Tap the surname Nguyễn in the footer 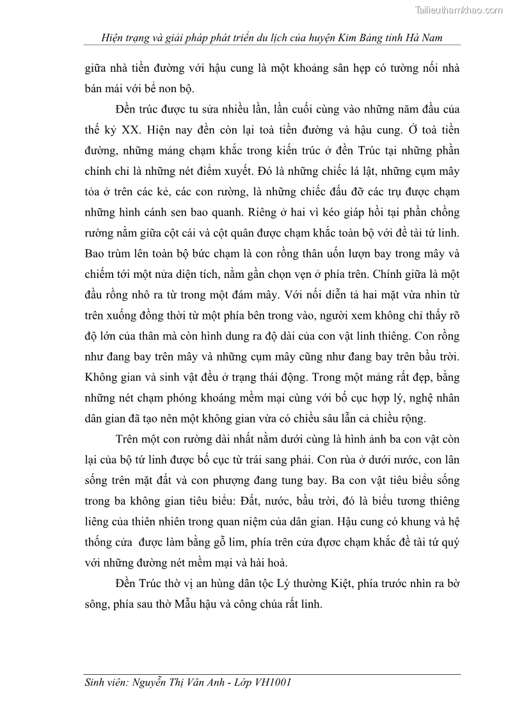tap(154, 683)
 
